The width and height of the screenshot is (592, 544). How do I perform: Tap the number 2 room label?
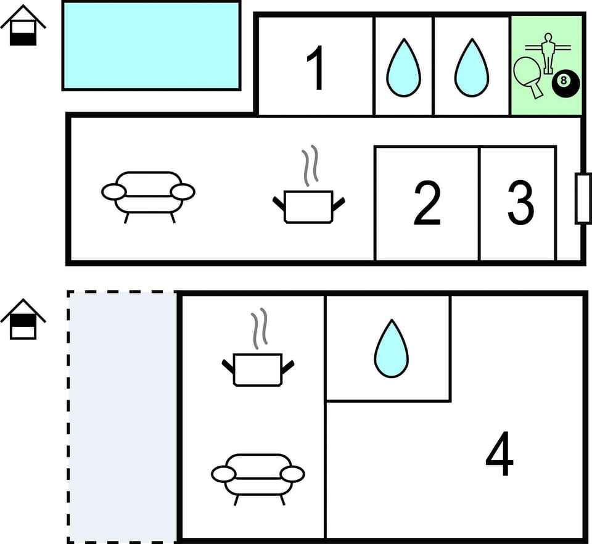[427, 204]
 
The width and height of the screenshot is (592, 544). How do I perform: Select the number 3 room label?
[520, 204]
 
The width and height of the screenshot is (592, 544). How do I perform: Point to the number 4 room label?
[499, 457]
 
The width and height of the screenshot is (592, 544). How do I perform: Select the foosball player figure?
[547, 52]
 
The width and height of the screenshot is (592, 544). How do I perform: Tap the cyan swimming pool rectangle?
[151, 46]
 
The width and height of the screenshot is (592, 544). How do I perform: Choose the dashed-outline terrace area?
[123, 416]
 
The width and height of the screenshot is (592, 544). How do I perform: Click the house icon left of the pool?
[23, 26]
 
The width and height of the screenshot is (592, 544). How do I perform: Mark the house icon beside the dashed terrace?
[23, 319]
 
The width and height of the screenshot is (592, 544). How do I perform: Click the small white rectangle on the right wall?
[583, 198]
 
